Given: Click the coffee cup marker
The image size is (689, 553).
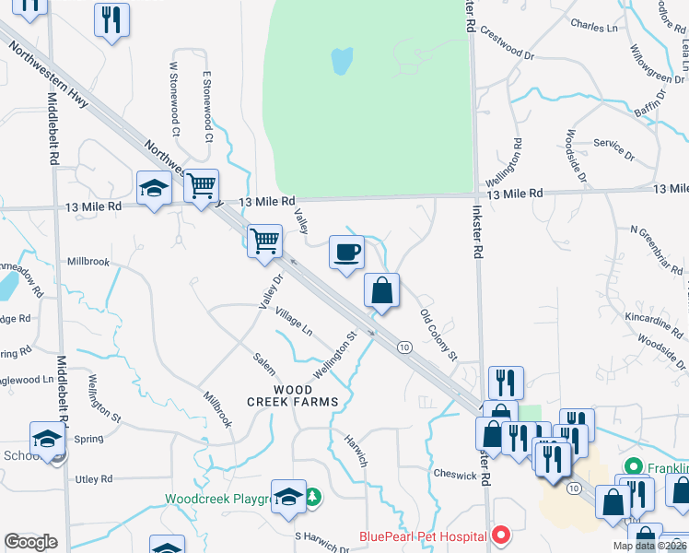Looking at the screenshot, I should coord(346,253).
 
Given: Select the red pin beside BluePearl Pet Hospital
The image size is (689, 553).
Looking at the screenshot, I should coord(501,534).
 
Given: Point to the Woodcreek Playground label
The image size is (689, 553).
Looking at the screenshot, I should coord(216,499).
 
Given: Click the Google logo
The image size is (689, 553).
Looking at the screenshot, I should coord(30,542).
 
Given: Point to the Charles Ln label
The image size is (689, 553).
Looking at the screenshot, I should coord(594,27).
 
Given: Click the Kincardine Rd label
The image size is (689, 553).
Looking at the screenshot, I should coord(646,320).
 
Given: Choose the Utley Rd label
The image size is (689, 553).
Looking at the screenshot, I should coord(93,479).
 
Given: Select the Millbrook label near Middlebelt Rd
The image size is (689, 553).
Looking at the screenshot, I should coord(88,262).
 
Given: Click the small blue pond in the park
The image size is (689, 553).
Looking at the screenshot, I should coord(341,61).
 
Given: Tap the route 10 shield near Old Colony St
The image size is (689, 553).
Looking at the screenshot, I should coord(404,347).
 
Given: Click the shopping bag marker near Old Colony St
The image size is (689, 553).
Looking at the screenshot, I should coord(381,290).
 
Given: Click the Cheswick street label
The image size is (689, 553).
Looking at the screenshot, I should coord(455,476).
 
